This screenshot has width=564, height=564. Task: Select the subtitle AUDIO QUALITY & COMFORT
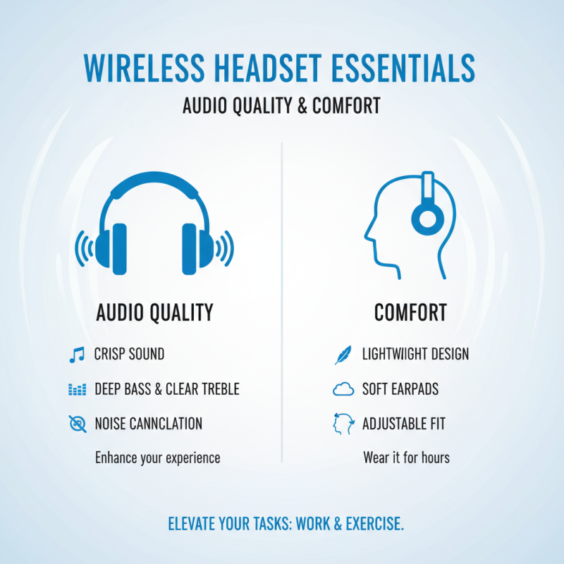[x=281, y=106]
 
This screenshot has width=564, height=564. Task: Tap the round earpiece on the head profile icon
[x=424, y=219]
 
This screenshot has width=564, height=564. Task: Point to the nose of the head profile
[x=367, y=233]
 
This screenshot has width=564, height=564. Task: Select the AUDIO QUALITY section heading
[x=154, y=312]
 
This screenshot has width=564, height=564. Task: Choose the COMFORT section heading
[x=410, y=312]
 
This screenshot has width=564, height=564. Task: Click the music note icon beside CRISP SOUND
[x=76, y=354]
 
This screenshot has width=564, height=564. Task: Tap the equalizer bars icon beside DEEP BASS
[x=76, y=389]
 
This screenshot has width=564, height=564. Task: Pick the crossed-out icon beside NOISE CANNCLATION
[x=76, y=424]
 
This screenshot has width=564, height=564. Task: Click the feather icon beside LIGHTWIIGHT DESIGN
[x=342, y=354]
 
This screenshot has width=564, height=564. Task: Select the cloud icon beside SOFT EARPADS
[x=342, y=389]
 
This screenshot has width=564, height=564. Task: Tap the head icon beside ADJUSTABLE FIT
[x=342, y=424]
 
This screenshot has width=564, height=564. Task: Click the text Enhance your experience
[x=157, y=458]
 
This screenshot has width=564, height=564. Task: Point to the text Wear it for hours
[x=406, y=458]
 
